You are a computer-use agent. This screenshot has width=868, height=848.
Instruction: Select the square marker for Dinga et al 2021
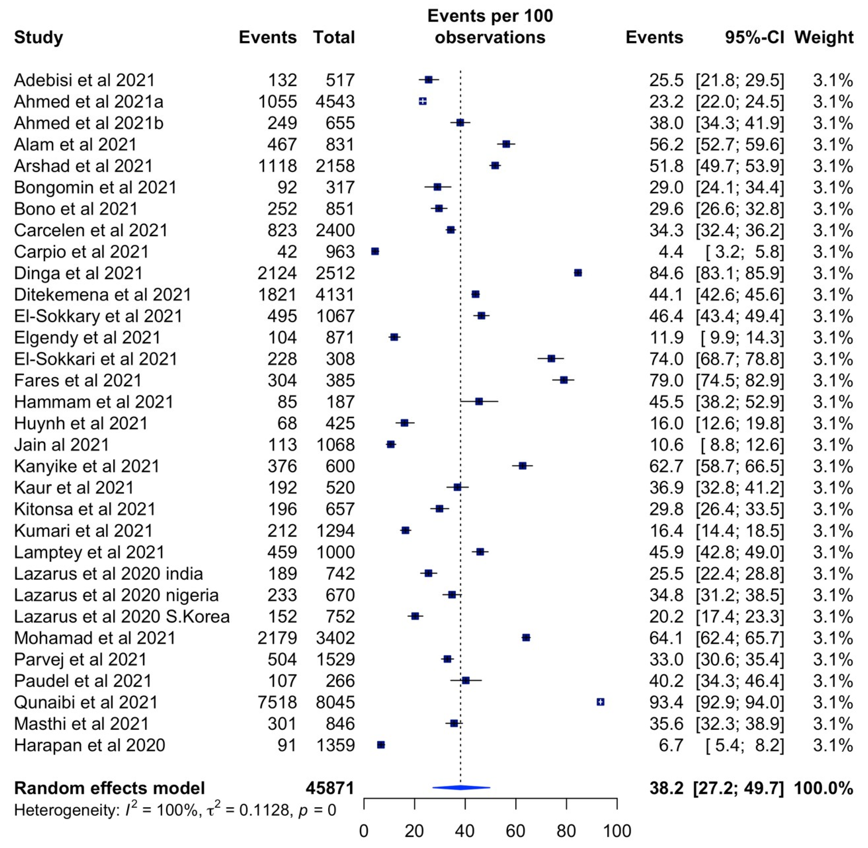click(578, 273)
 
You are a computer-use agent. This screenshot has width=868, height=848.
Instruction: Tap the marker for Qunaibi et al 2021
click(600, 702)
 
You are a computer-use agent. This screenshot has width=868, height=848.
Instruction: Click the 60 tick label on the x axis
click(515, 831)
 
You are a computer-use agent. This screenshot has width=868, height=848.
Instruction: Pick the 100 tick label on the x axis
click(617, 831)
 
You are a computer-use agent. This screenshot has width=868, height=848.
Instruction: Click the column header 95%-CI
click(755, 38)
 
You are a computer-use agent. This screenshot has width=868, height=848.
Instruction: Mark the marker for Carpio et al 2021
click(375, 252)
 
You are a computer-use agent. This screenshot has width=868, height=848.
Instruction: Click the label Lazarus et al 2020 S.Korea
click(122, 616)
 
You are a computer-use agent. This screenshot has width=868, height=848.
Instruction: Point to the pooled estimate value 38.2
click(666, 788)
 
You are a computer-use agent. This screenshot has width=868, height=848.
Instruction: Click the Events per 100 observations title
click(490, 27)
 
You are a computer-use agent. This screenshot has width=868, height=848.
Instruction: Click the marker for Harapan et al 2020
click(381, 745)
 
